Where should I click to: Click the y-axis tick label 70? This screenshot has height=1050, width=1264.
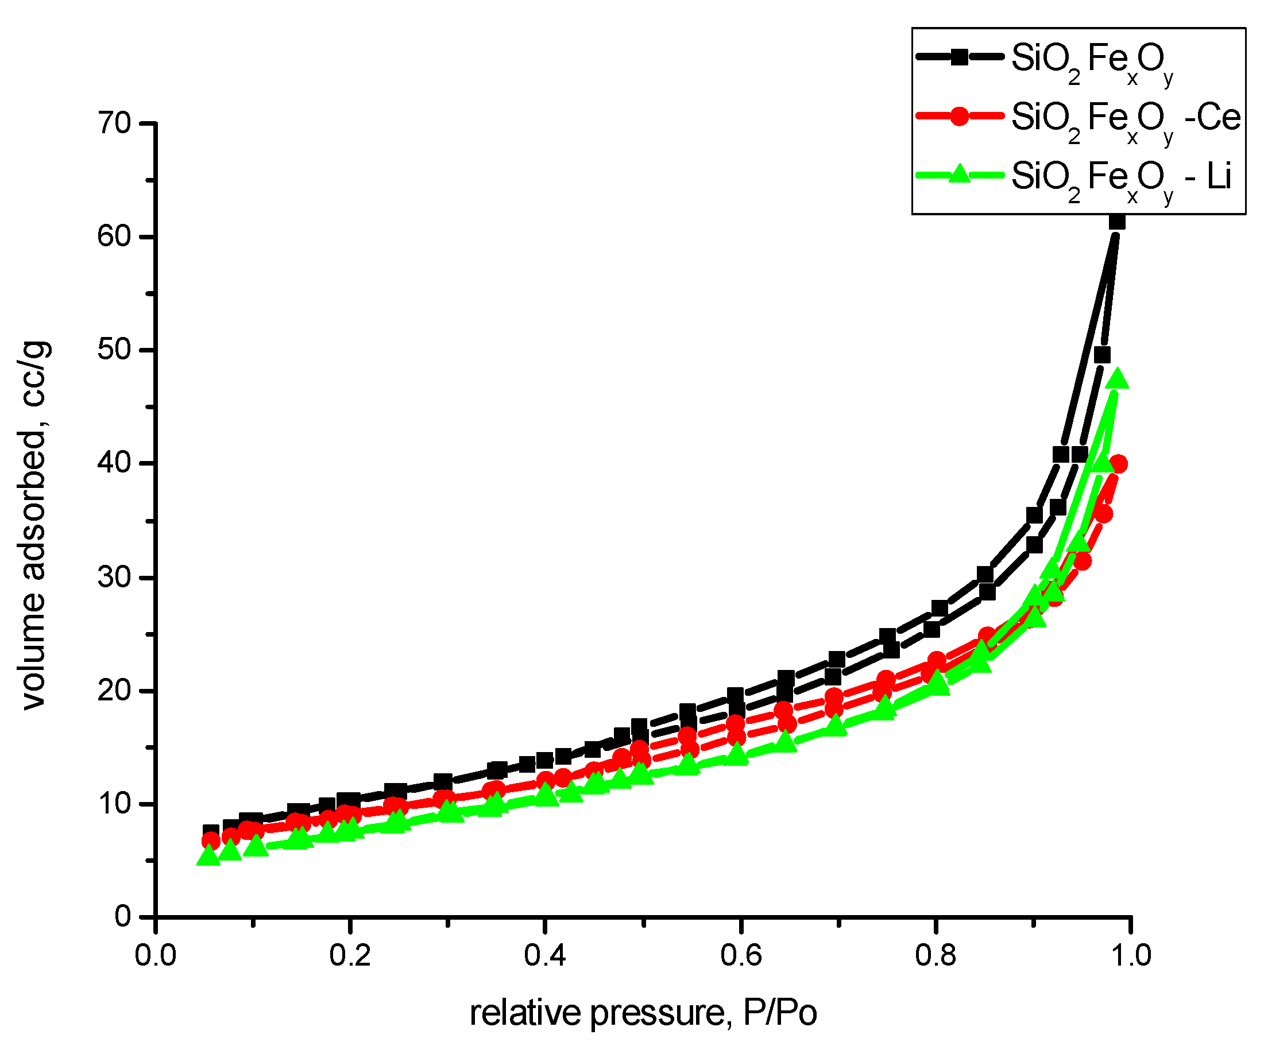click(x=114, y=124)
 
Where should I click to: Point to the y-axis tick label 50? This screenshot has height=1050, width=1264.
click(x=114, y=350)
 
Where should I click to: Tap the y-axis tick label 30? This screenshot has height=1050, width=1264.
click(x=114, y=578)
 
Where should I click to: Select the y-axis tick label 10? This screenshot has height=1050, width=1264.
click(x=114, y=804)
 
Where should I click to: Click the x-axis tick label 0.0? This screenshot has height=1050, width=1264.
click(x=155, y=955)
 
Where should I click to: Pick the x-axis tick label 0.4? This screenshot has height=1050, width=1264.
click(x=545, y=955)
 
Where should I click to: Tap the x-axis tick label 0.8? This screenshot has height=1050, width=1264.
click(x=936, y=955)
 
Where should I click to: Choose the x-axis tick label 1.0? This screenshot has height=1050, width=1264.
click(x=1130, y=955)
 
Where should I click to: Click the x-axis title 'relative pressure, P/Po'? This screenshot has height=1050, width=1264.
click(x=643, y=1013)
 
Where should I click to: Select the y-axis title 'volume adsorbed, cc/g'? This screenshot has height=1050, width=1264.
click(x=35, y=525)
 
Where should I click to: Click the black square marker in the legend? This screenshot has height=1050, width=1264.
click(x=960, y=58)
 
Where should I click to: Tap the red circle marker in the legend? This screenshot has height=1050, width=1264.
click(x=960, y=116)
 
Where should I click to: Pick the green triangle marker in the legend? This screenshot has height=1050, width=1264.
click(x=960, y=175)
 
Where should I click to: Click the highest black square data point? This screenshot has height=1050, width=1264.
click(x=1117, y=222)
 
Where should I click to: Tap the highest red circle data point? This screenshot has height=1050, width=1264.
click(x=1118, y=464)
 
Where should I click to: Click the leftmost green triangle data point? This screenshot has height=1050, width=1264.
click(x=208, y=855)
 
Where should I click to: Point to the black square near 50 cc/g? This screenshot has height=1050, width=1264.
click(x=1102, y=355)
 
